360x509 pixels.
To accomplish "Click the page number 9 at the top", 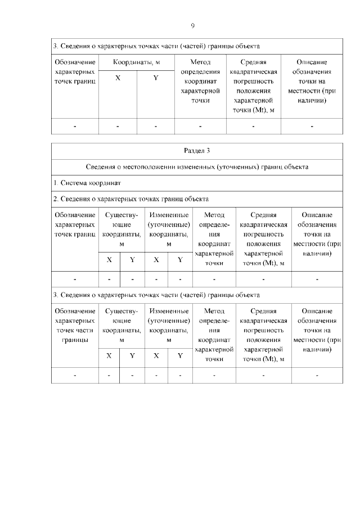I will click(x=192, y=26).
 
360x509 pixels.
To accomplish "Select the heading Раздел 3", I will click(x=197, y=151).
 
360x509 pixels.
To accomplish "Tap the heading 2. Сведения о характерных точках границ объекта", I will click(x=130, y=199).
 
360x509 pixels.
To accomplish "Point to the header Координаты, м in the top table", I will click(x=137, y=62).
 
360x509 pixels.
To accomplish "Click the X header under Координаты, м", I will click(x=118, y=78).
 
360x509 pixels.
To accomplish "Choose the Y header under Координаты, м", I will click(x=156, y=78).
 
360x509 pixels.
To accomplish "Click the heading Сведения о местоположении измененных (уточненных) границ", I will click(x=197, y=167).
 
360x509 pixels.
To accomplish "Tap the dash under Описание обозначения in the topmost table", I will click(x=312, y=127).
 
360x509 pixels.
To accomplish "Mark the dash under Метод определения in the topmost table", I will click(x=200, y=127).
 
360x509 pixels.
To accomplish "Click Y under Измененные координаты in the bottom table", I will click(x=180, y=355).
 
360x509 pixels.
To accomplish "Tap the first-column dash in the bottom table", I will click(x=75, y=375).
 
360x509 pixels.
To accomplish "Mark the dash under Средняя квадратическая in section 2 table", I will click(x=263, y=279).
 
